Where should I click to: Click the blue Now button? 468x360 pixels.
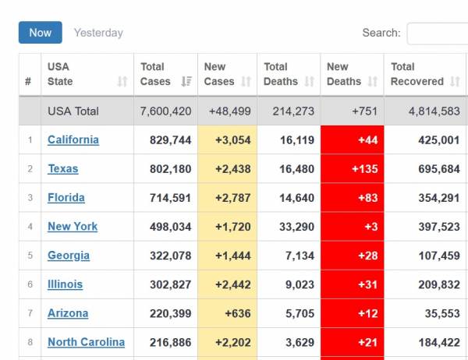point(40,33)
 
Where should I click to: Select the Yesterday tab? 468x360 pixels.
point(98,33)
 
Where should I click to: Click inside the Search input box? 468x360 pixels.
point(437,34)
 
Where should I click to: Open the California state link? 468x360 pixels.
point(73,140)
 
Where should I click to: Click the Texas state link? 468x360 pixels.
point(63,169)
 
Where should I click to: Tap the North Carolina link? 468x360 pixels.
point(86,342)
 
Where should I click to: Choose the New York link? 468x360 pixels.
point(73,227)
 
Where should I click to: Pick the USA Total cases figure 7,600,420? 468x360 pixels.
point(165,111)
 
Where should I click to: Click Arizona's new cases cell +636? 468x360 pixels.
point(237,313)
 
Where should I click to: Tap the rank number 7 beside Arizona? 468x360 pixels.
point(30,313)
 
